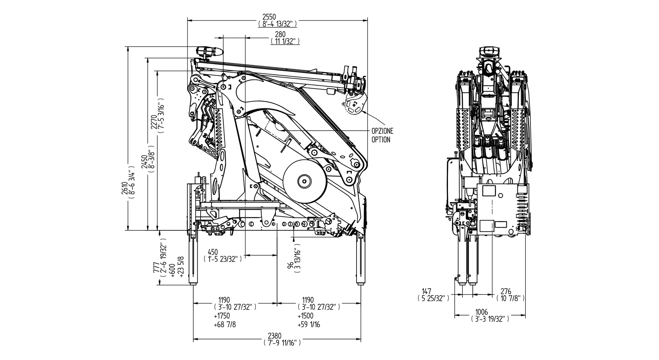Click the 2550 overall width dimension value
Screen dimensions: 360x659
point(277,17)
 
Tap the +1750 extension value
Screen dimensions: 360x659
point(221,316)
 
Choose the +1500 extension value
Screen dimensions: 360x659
point(305,316)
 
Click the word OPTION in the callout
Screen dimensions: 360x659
point(381,140)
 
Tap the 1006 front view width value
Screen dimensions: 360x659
point(481,312)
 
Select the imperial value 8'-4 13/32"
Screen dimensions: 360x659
point(277,24)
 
